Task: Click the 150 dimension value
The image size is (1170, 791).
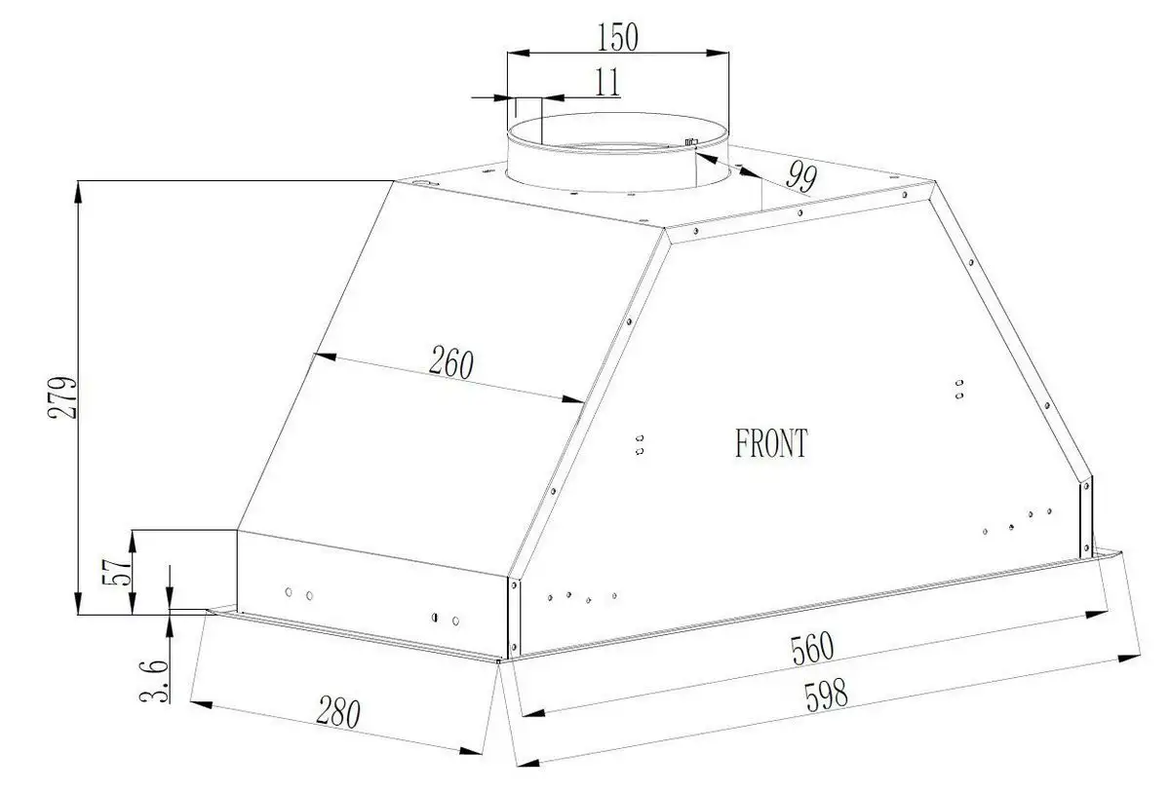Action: point(617,37)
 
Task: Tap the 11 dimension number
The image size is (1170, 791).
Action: point(606,82)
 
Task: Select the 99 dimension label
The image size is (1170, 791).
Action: point(801,176)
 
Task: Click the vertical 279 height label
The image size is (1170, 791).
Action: point(62,397)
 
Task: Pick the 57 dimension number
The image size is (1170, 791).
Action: point(117,572)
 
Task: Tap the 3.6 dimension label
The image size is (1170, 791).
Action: point(155,681)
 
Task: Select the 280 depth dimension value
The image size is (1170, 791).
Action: point(338,712)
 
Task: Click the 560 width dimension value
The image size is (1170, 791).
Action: point(812,649)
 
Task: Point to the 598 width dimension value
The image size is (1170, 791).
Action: point(827,695)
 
